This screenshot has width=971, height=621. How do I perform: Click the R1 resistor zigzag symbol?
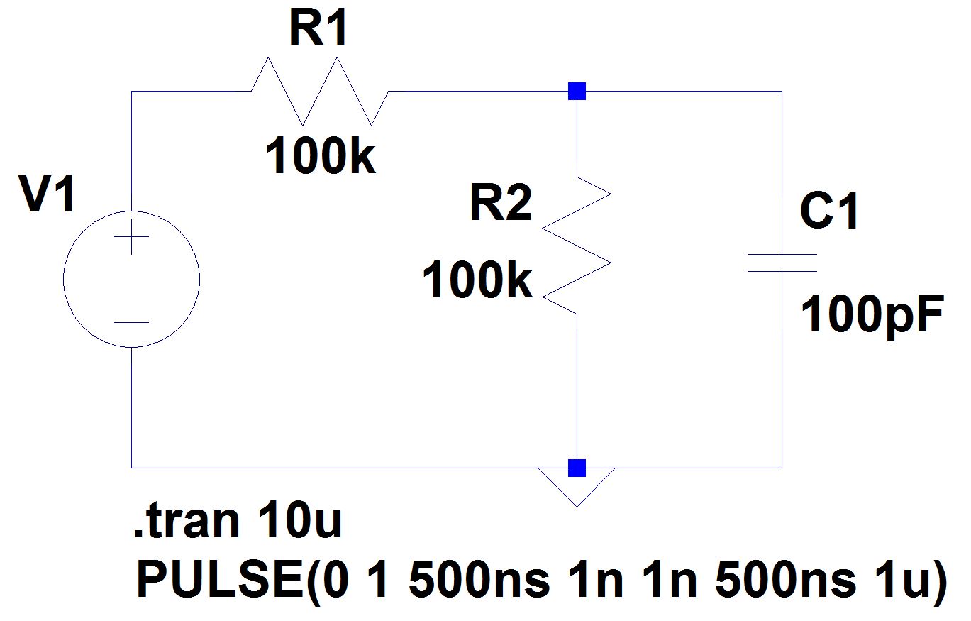319,92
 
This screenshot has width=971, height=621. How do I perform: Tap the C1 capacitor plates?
782,263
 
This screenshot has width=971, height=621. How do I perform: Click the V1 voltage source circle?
131,279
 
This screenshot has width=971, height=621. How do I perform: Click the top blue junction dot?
577,92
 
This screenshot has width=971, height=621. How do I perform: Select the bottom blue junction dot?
577,468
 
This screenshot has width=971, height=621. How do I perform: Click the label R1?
318,30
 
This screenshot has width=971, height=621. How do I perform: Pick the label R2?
500,206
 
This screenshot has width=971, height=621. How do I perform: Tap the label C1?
829,211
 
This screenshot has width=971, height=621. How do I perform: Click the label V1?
47,196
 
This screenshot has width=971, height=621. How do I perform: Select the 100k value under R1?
321,158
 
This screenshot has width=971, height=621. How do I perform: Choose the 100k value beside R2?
477,281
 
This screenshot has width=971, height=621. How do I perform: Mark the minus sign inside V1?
131,323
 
